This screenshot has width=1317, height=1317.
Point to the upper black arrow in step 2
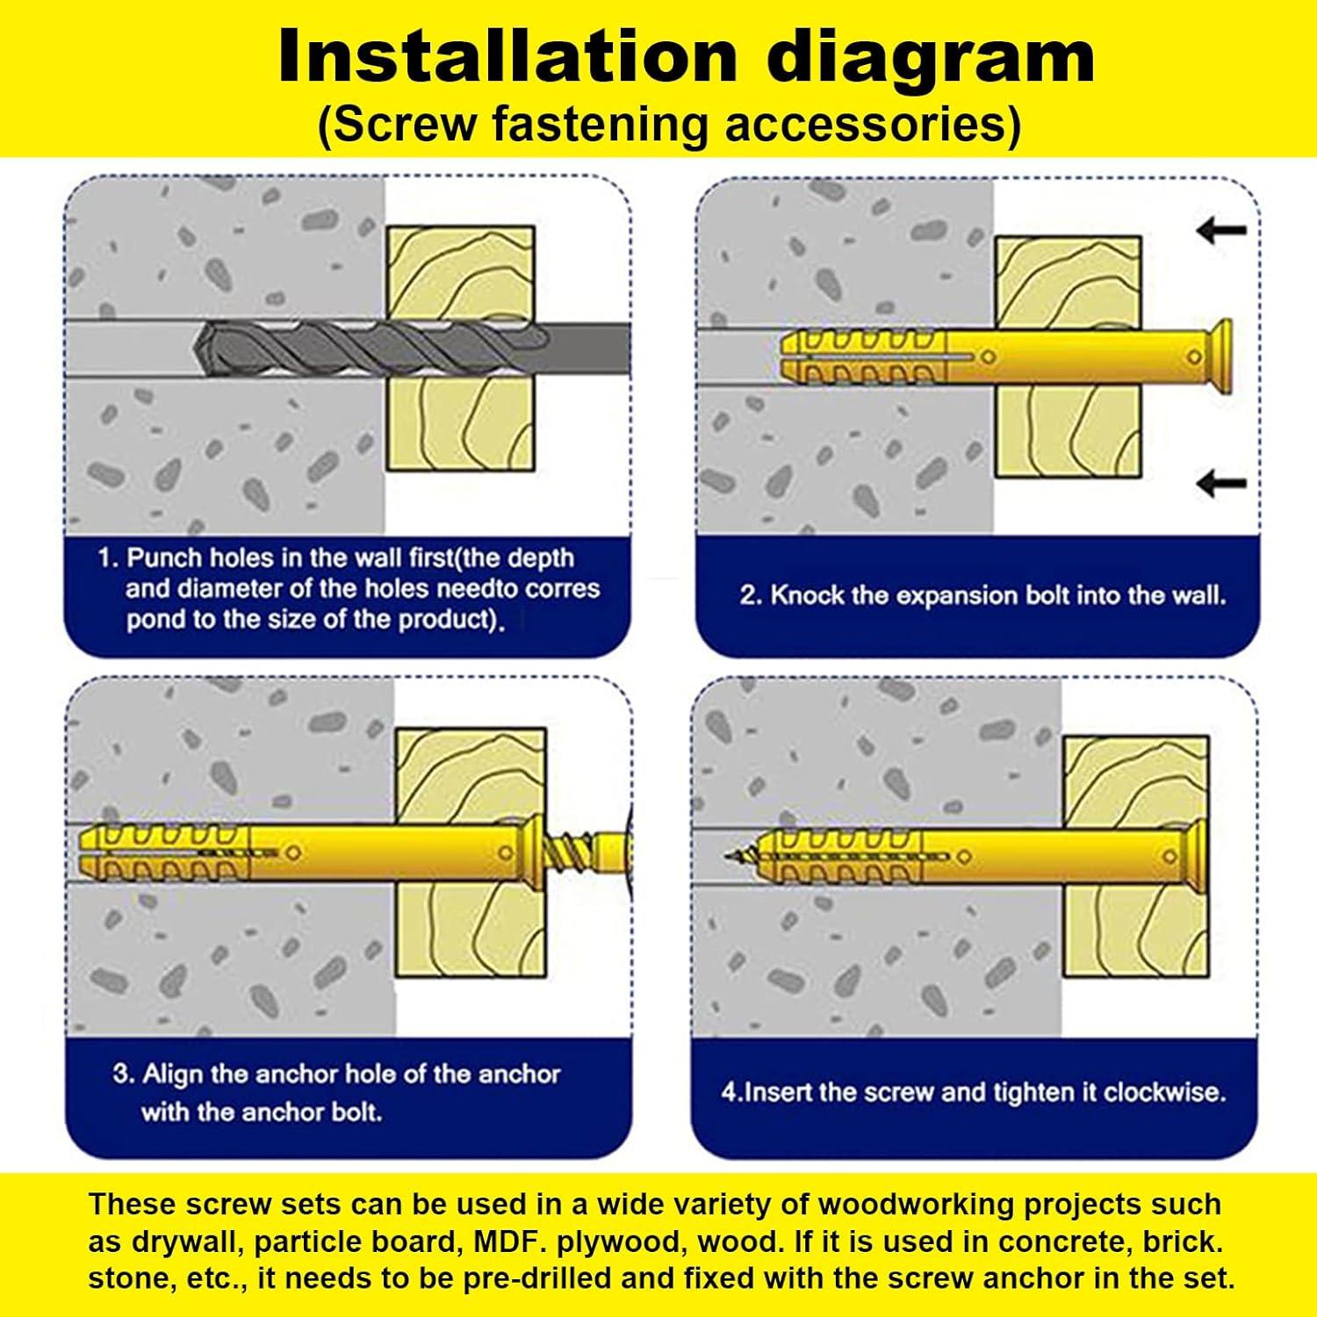1221,231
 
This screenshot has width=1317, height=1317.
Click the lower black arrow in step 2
1221,482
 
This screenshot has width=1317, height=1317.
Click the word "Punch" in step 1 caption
163,558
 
